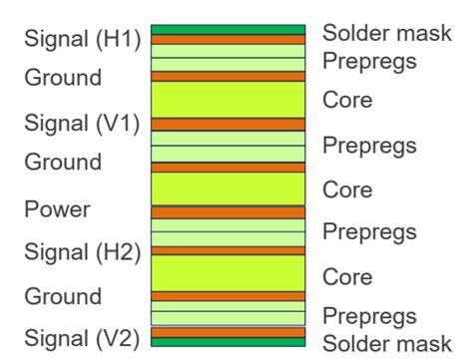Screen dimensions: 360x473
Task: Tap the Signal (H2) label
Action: [x=82, y=253]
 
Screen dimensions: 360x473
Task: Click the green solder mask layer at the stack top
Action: [x=228, y=30]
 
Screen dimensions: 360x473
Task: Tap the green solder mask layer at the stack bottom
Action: [x=228, y=342]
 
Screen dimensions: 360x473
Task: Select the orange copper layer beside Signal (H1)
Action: [x=228, y=40]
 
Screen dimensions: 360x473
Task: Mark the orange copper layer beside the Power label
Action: [x=228, y=212]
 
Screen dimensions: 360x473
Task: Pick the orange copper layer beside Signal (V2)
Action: [x=228, y=332]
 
